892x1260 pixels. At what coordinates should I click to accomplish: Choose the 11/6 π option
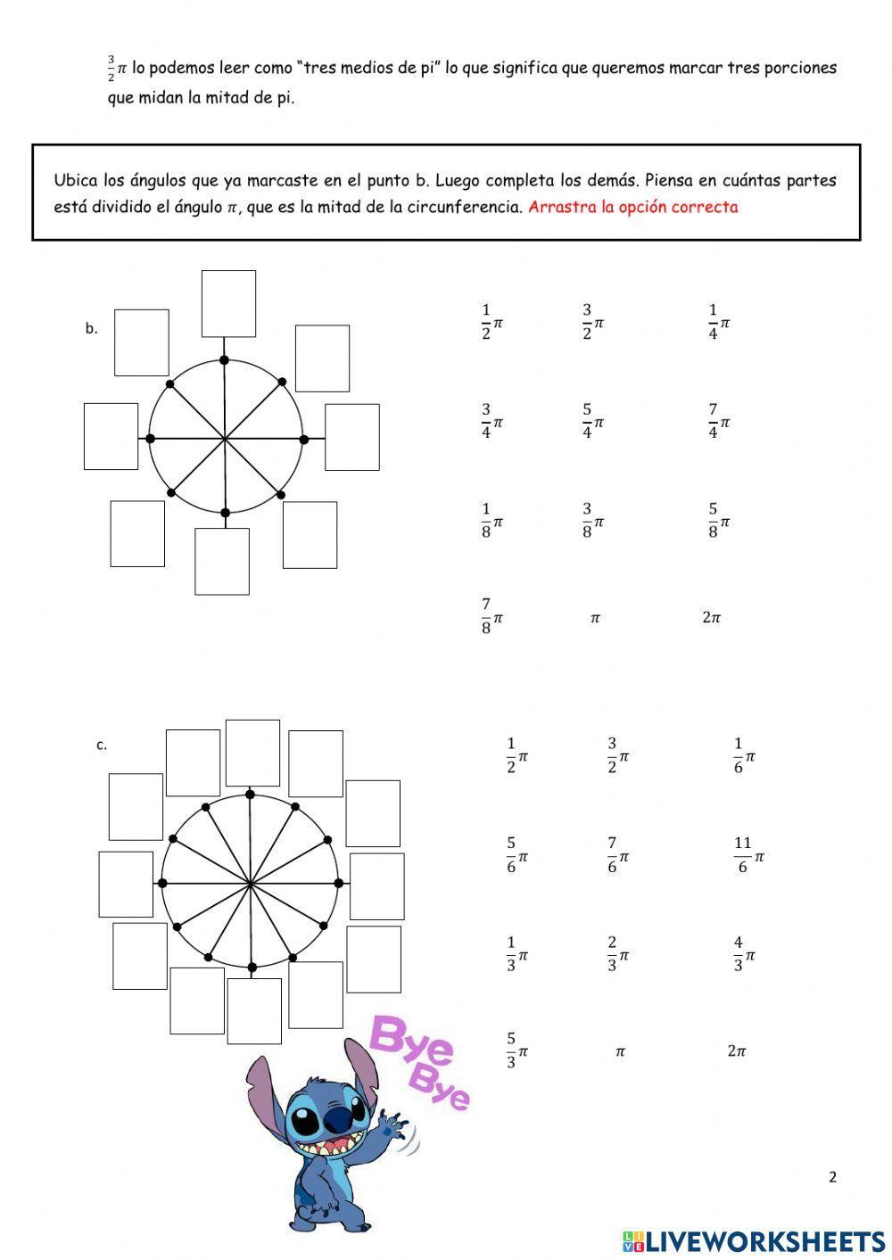(748, 855)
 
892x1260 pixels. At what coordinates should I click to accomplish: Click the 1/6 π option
(744, 755)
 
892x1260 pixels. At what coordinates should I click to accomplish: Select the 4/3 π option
(744, 954)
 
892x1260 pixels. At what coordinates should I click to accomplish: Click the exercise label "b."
(92, 328)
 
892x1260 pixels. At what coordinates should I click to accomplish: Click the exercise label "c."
(102, 745)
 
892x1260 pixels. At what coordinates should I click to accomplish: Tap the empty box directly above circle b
(228, 304)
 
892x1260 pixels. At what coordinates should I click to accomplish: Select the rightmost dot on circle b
(303, 439)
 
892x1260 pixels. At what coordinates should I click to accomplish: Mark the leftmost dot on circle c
(162, 883)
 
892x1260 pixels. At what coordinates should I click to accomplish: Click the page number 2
(832, 1177)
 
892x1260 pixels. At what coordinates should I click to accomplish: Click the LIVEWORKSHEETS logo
(754, 1240)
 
